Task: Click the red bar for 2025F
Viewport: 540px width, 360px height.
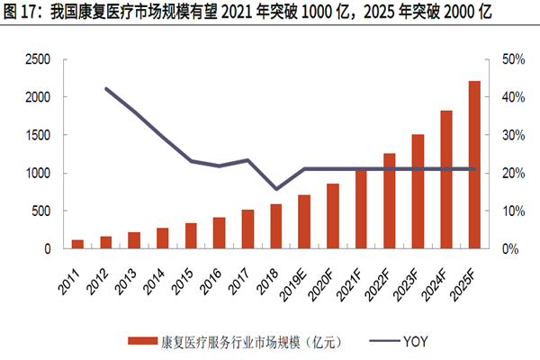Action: (474, 165)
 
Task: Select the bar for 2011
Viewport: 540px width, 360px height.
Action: (77, 244)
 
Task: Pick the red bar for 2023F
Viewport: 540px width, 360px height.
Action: (418, 191)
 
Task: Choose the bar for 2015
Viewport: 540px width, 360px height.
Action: (191, 235)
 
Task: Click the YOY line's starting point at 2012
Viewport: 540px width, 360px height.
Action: (106, 88)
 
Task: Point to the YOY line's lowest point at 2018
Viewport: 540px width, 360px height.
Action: (276, 189)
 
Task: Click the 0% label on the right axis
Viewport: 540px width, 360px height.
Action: (506, 248)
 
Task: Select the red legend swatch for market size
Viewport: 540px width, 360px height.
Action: (143, 340)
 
